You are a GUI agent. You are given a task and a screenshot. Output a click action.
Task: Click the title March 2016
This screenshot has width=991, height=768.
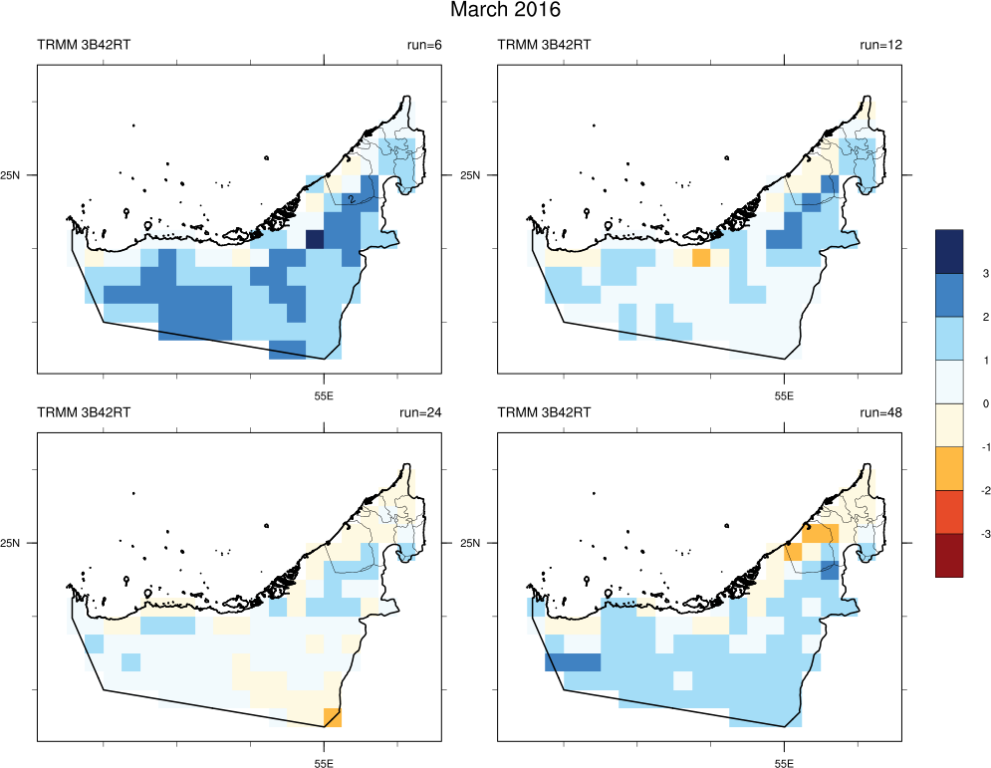click(x=505, y=11)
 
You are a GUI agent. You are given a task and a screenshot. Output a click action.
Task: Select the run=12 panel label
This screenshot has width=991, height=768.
click(x=880, y=45)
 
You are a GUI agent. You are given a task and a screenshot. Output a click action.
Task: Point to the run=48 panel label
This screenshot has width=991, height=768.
click(x=880, y=411)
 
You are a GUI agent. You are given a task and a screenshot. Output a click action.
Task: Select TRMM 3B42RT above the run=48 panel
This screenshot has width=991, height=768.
click(x=544, y=411)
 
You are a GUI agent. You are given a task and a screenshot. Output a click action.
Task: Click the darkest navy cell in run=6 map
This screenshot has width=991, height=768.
click(x=315, y=240)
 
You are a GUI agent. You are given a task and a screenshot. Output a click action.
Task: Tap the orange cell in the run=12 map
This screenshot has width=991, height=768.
click(x=700, y=259)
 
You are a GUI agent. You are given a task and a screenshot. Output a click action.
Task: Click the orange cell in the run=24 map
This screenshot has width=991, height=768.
click(x=334, y=717)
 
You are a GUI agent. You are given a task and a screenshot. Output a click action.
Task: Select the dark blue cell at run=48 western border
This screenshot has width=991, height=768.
click(x=573, y=662)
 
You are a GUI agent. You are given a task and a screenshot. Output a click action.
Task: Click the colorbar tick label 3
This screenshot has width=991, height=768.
click(x=957, y=273)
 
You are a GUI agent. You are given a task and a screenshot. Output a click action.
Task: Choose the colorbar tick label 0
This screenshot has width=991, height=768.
click(x=957, y=403)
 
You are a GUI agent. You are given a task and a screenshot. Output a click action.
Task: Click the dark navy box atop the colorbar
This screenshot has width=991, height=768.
click(x=949, y=251)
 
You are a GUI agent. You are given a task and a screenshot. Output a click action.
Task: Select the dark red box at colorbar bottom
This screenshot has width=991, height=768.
click(x=949, y=556)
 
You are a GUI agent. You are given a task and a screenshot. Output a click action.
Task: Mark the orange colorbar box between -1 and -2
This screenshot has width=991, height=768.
click(x=949, y=469)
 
